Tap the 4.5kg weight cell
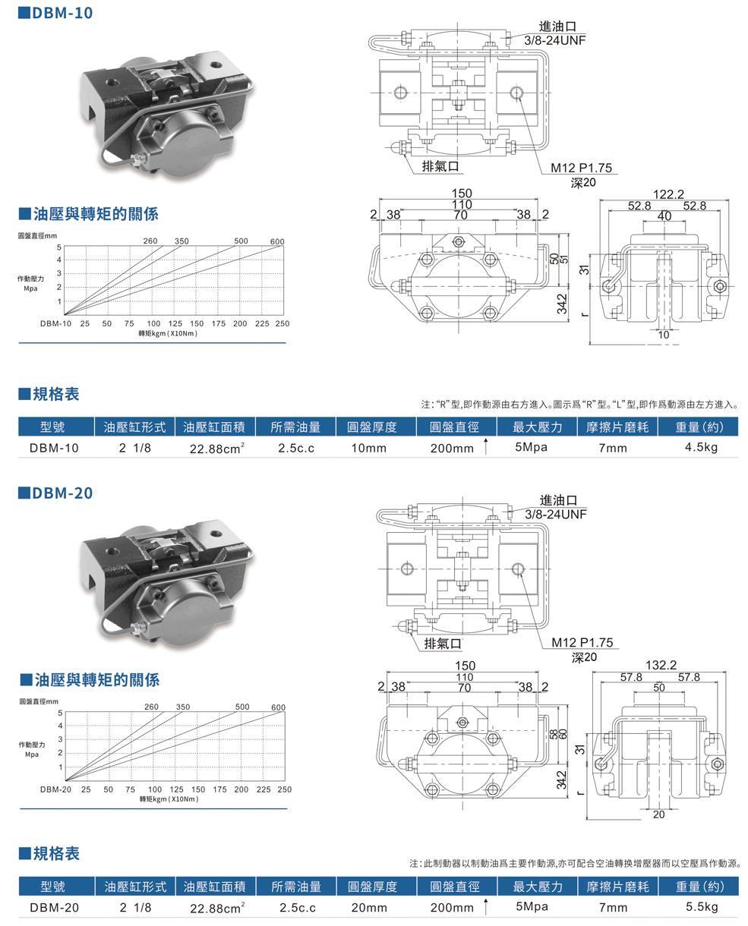700,447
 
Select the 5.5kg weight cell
700,907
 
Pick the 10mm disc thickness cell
368,448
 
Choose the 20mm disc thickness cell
369,908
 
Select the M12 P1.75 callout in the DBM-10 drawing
582,169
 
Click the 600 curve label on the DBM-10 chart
276,242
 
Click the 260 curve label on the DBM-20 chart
151,707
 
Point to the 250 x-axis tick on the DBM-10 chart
282,323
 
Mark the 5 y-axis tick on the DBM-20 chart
59,713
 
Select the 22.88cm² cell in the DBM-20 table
216,908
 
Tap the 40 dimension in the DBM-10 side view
664,216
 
